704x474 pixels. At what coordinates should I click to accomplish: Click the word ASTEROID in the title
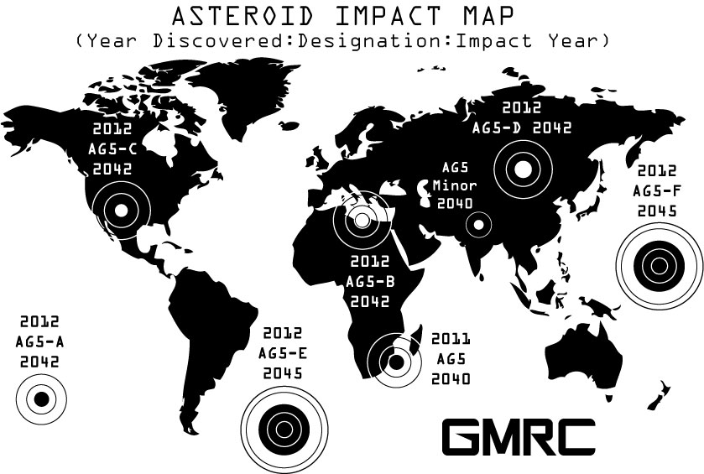(242, 16)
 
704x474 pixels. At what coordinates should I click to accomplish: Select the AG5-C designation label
(112, 148)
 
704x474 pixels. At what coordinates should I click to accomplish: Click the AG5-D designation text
(496, 128)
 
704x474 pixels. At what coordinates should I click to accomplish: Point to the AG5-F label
(657, 190)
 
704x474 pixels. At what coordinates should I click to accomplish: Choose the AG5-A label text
(39, 342)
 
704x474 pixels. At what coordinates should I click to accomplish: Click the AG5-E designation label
(283, 353)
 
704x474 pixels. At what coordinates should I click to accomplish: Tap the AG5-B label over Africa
(370, 281)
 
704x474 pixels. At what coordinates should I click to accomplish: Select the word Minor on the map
(455, 185)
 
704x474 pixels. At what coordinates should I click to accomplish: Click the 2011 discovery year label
(451, 339)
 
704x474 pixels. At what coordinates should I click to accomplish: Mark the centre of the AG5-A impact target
(41, 399)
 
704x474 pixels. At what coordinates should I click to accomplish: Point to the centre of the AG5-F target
(659, 265)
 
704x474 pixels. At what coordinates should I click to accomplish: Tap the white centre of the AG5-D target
(523, 169)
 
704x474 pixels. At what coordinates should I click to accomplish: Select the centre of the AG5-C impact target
(121, 210)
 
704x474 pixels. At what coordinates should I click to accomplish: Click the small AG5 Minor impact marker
(478, 225)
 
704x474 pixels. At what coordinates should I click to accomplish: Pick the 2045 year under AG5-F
(657, 211)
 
